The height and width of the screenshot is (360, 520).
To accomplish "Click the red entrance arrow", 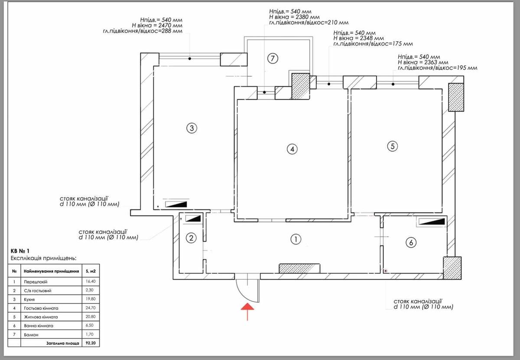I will point(247,311).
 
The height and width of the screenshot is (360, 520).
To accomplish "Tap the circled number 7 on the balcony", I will point(272,58).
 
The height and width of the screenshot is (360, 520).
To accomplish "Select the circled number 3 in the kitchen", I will point(192,128).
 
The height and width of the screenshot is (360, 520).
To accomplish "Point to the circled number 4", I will point(292,149).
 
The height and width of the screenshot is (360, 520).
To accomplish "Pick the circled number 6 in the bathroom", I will point(410,243).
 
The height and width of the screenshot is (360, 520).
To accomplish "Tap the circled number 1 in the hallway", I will point(295,239).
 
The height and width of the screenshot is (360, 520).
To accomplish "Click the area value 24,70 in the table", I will point(91,308).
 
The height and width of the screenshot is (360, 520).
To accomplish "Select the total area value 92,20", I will point(91,343).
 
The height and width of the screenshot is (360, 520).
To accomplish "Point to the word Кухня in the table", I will point(30,299).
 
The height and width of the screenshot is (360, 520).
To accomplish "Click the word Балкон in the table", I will point(31,334).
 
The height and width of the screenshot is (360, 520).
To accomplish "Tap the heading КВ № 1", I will point(20,251).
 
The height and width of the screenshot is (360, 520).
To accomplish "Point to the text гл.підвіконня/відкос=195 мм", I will point(437,68).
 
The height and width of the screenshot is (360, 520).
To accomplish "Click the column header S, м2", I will point(91,272).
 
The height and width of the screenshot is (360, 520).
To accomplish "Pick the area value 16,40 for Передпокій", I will point(91,282).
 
